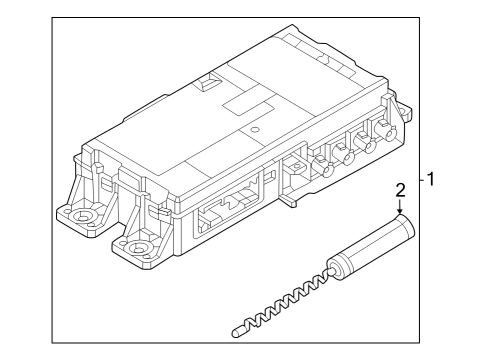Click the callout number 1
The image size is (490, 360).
pyautogui.click(x=432, y=181)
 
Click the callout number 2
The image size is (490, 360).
pyautogui.click(x=400, y=189)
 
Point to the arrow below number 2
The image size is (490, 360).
pyautogui.click(x=400, y=209)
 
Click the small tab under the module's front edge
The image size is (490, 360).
pyautogui.click(x=290, y=199)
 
